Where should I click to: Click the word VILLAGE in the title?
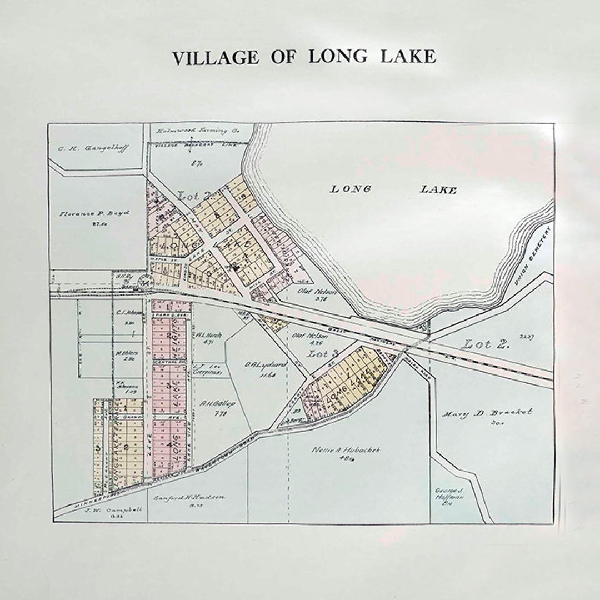tap(215, 57)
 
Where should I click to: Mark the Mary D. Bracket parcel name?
tap(487, 413)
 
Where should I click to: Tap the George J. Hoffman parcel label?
tap(449, 493)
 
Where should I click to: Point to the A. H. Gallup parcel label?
tap(217, 404)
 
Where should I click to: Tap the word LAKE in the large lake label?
tap(438, 190)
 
